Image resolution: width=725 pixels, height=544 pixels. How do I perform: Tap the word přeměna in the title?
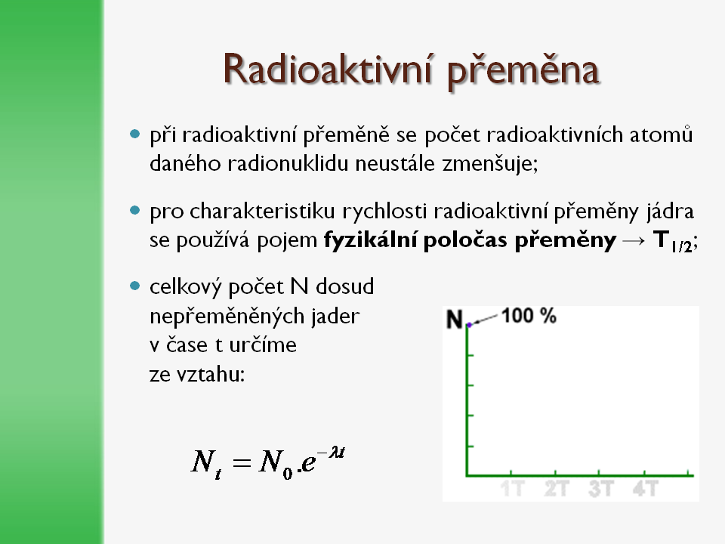[523, 73]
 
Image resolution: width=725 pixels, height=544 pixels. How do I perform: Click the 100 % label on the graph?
[529, 316]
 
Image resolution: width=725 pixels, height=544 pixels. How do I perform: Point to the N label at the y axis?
[455, 319]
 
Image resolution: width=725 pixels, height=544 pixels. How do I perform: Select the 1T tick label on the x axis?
[513, 489]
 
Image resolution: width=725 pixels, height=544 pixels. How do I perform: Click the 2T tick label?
[557, 489]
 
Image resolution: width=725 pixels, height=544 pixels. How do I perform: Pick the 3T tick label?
[600, 489]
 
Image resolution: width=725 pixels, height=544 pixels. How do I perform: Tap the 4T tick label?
[646, 489]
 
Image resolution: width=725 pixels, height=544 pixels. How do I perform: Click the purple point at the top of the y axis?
[469, 325]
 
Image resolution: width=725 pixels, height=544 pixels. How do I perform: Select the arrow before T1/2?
[634, 240]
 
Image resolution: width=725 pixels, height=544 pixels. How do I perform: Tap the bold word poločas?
[465, 240]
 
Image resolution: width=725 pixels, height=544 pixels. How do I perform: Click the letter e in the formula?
[308, 462]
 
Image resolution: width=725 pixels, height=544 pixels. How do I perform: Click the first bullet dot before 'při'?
[134, 134]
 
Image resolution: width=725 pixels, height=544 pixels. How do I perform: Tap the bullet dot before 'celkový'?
[134, 286]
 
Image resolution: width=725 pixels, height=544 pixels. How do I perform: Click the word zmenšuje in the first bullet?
[490, 164]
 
